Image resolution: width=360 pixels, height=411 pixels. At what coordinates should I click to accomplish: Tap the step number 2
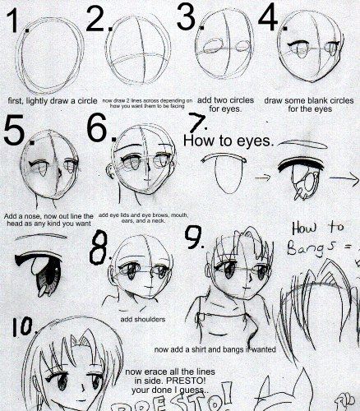point(98,20)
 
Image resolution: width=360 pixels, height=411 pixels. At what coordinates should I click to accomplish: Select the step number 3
point(187,18)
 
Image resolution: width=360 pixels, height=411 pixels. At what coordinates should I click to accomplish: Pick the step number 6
point(98,132)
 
